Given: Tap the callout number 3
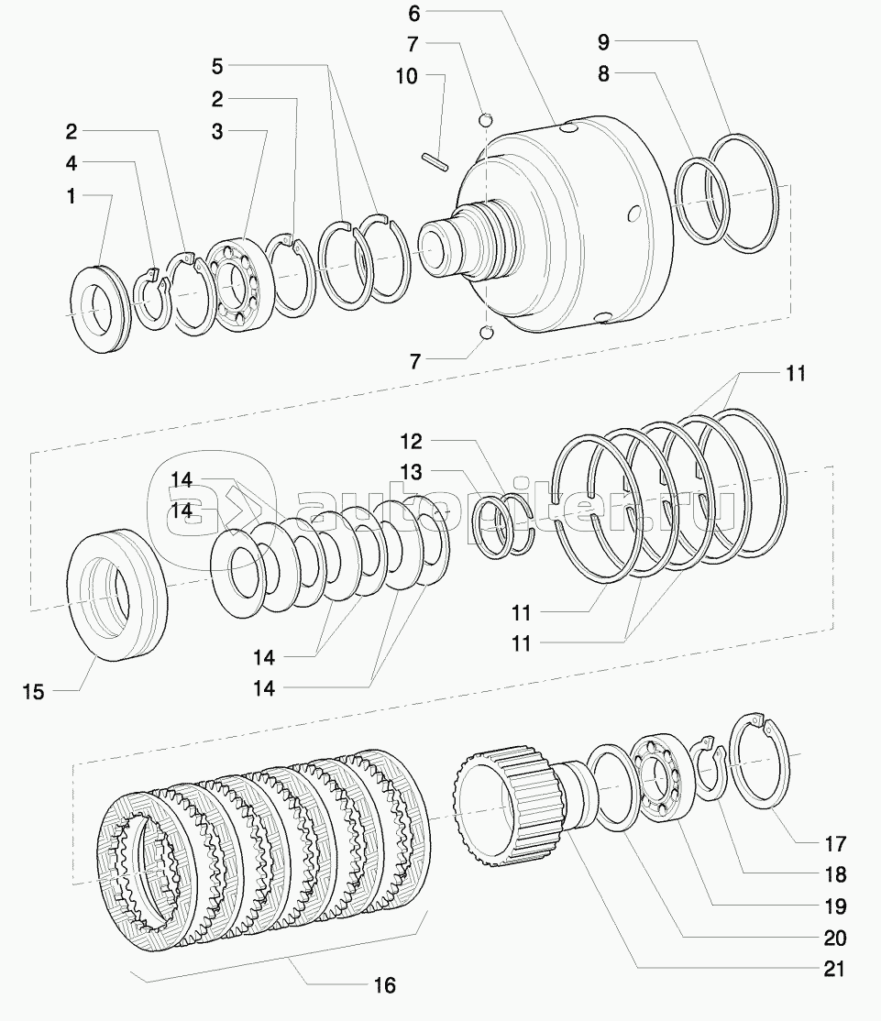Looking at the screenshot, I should (x=216, y=132).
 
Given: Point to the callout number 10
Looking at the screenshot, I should (x=407, y=76).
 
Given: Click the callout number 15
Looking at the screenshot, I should (x=33, y=691).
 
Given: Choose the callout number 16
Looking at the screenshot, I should (x=385, y=985).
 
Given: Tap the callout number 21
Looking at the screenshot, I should (x=833, y=969).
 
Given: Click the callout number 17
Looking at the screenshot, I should (x=833, y=844).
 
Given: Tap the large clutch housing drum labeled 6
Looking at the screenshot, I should (x=587, y=229).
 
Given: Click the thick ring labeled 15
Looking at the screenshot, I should (x=119, y=593).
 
